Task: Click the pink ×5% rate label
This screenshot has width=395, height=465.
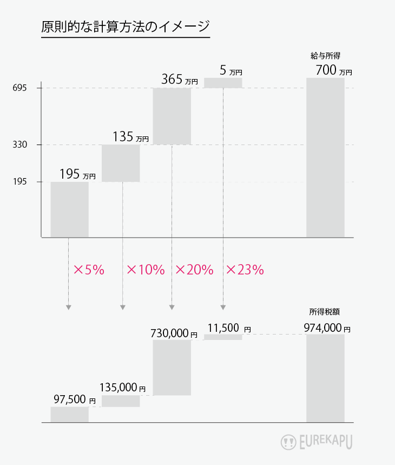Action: [x=88, y=270]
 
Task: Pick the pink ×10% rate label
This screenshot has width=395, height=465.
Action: [x=145, y=270]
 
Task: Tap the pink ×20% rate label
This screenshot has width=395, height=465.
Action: [x=194, y=270]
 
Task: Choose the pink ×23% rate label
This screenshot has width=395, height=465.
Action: [x=245, y=270]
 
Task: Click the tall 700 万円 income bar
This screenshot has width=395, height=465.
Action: [x=325, y=157]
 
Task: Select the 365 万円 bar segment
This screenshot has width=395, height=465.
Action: [x=172, y=116]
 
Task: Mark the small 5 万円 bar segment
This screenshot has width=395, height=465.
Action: [x=223, y=82]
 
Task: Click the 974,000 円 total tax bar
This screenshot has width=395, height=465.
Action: [x=325, y=378]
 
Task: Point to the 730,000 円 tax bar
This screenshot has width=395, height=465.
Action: [x=172, y=368]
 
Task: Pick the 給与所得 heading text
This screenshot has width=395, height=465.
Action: [x=325, y=55]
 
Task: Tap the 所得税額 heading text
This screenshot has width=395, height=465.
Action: [x=325, y=312]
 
